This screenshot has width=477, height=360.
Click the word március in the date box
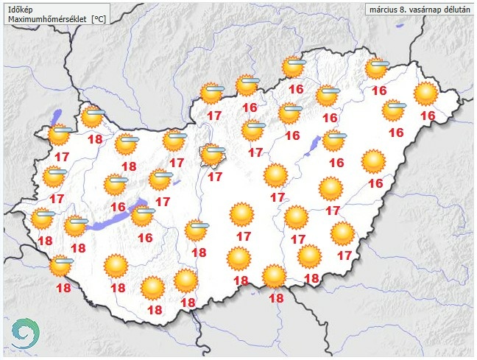pos(384,10)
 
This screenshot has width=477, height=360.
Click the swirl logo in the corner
pos(24,333)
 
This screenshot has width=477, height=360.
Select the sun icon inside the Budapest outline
pos(213,155)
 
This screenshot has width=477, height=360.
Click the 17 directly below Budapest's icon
pos(216,177)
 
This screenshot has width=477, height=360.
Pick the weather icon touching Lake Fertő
pos(60,135)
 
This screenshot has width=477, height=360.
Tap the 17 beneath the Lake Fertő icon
pos(63,157)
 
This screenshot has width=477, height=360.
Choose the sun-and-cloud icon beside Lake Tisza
pos(333,139)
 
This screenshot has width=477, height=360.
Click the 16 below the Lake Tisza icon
pos(336,163)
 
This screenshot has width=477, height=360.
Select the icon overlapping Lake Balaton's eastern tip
pos(142,215)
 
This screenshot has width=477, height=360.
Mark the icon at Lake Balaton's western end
pos(75,225)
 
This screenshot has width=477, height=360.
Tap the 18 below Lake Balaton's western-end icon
pos(78,247)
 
